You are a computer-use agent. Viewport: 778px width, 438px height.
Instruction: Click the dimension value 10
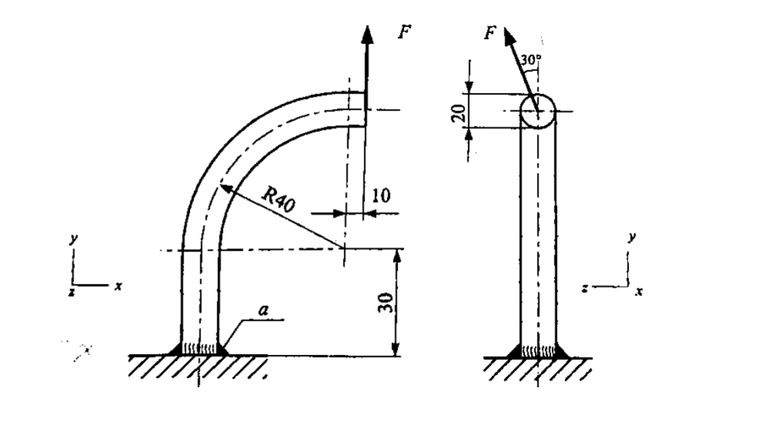[381, 196]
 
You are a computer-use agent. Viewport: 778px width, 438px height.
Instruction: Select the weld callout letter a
[264, 310]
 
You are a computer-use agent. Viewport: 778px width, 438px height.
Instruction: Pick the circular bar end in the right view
[538, 111]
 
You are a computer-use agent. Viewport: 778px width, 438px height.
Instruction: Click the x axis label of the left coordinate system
[118, 287]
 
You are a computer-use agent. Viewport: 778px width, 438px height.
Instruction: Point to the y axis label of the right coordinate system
[631, 238]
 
